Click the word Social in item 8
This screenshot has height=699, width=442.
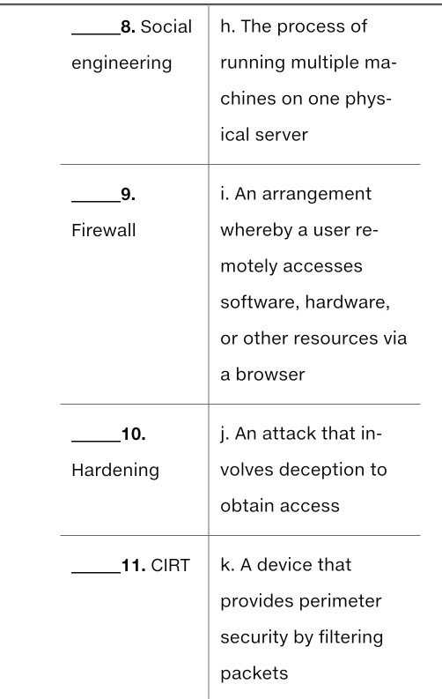[166, 27]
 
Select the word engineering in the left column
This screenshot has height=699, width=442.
[122, 65]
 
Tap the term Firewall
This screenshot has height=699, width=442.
[99, 230]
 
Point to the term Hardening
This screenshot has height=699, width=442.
[115, 470]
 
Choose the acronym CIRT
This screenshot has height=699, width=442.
[170, 565]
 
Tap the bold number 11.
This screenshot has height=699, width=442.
[131, 565]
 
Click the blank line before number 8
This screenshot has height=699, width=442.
[94, 33]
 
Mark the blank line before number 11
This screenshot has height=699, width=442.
[94, 571]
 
